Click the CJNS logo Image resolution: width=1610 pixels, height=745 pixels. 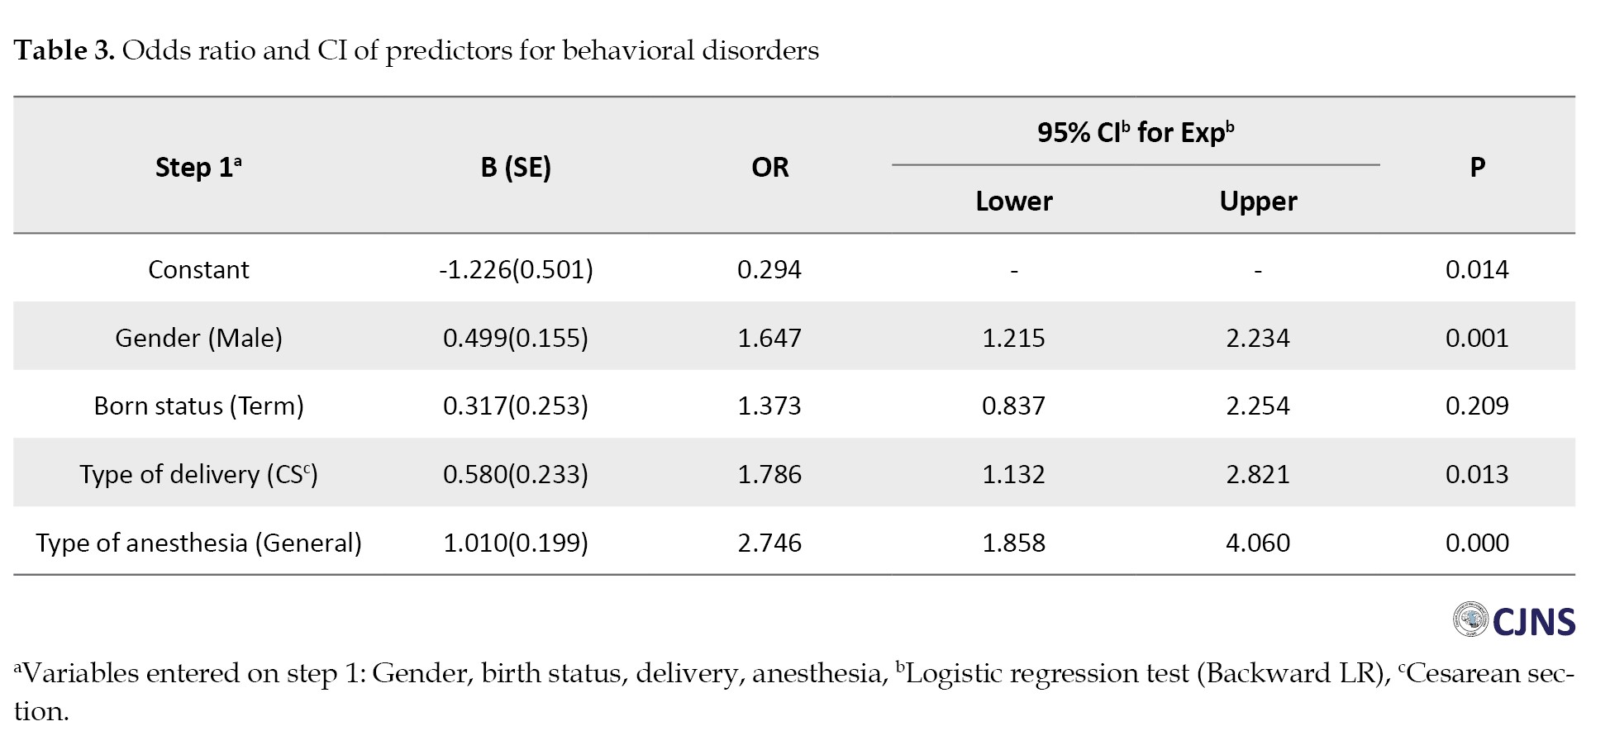coord(1514,620)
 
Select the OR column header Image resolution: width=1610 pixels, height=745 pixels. coord(769,168)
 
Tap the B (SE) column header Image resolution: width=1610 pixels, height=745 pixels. coord(516,168)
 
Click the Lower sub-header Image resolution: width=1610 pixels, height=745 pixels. coord(1014,202)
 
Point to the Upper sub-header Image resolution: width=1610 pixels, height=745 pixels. coord(1258,202)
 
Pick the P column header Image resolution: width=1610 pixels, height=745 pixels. coord(1477,168)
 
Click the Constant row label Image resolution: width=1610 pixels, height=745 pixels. coord(198,270)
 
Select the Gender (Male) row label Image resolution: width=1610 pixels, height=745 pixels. coord(198,339)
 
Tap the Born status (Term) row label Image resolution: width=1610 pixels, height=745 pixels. coord(198,406)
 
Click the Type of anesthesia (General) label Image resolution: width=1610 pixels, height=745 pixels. coord(198,543)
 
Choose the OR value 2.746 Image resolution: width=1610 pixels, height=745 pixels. coord(769,543)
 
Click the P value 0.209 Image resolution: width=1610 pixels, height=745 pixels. coord(1477,406)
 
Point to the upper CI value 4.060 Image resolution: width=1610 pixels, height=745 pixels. coord(1258,543)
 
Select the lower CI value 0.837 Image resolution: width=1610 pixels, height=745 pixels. coord(1014,406)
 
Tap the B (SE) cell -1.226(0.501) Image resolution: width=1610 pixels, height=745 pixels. coord(516,270)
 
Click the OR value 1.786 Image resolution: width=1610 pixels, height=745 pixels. coord(769,475)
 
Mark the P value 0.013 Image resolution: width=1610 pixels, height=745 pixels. coord(1477,475)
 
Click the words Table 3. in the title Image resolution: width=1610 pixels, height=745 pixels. coord(64,51)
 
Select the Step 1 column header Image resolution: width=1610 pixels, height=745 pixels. coord(198,168)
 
